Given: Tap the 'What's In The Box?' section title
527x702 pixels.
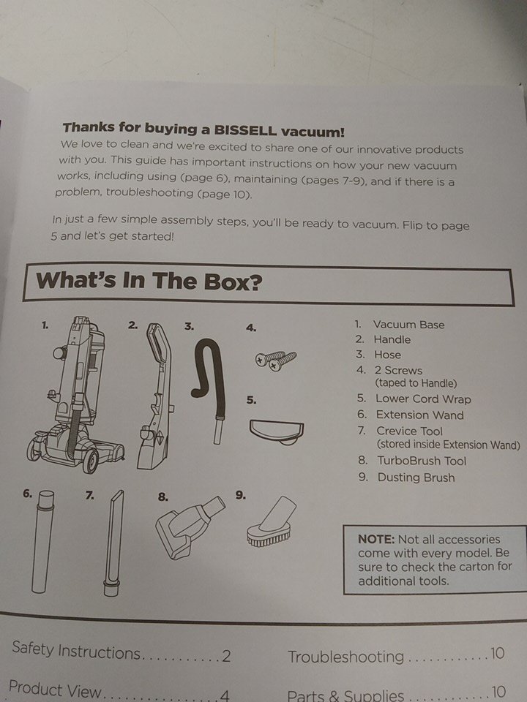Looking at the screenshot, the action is click(149, 281).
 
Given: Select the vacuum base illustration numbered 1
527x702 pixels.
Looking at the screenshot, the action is click(75, 394).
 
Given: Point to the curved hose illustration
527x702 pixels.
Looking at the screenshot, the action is click(210, 385).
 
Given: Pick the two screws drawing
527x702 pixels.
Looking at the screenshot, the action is click(276, 360).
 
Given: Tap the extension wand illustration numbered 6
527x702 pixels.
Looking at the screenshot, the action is click(43, 541).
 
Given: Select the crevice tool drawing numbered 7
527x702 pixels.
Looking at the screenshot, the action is click(113, 542).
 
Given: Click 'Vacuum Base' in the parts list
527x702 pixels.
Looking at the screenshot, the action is click(408, 325).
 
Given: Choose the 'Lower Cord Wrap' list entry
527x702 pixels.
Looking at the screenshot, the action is click(423, 399).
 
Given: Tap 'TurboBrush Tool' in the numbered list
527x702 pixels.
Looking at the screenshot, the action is click(422, 461).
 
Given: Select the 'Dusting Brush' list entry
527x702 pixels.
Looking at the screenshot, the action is click(416, 478).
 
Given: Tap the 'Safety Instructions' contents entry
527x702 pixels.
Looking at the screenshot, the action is click(76, 651).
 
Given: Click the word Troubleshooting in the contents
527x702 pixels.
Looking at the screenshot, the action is click(346, 657).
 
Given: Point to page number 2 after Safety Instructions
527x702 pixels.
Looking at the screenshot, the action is click(226, 657).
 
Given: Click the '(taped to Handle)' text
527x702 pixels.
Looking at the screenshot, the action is click(416, 383).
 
